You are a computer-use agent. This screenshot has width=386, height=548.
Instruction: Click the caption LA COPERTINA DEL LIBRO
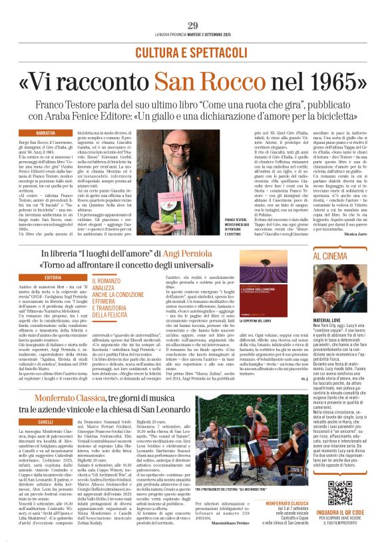tap(260, 321)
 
